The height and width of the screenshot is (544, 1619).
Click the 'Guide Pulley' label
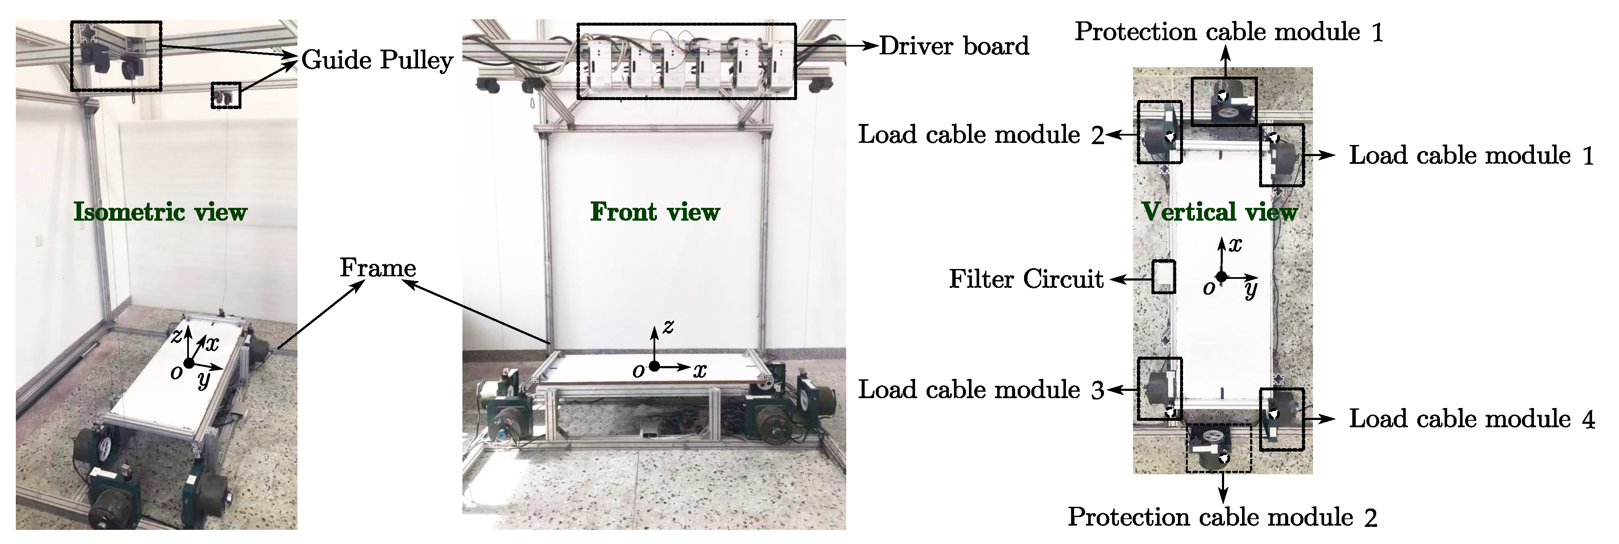[377, 60]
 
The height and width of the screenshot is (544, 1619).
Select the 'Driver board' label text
[954, 46]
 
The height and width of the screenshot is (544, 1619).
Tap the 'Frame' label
[378, 268]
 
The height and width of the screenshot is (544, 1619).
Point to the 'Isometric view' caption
[160, 212]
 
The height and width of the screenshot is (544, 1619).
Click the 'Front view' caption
[655, 212]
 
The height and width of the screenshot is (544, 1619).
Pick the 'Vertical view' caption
[1219, 212]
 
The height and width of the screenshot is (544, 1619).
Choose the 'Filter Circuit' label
[1026, 278]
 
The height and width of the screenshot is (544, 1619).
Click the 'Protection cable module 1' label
[1229, 32]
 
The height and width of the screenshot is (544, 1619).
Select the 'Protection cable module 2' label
[1222, 517]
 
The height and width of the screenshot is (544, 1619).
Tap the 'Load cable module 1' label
[1471, 155]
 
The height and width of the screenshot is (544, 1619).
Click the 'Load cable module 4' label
[1471, 419]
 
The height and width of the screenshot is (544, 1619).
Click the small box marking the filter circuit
[1163, 277]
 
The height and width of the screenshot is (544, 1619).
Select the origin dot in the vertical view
[1221, 277]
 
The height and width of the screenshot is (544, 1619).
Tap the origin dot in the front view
[654, 366]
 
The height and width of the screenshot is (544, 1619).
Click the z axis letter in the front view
[668, 326]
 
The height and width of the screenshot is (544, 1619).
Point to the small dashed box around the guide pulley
[226, 96]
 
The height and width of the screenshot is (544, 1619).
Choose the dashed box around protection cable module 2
[1219, 448]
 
